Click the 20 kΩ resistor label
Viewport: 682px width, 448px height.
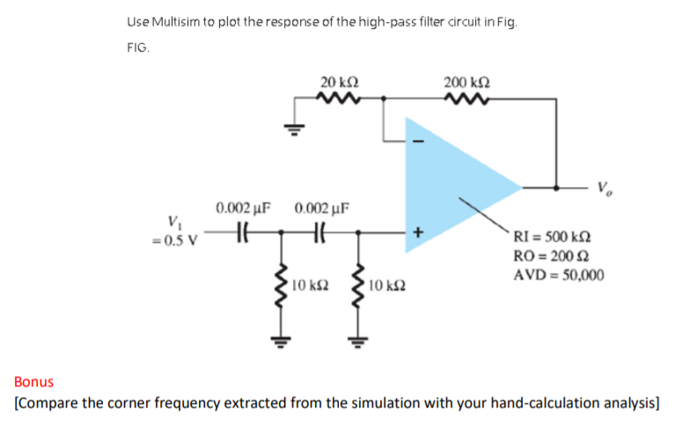tap(339, 82)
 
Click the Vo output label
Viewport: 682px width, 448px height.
tap(603, 186)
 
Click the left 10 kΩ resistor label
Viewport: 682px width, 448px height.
tap(309, 285)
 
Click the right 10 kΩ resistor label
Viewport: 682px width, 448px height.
tap(387, 285)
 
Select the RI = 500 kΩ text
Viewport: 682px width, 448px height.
tap(552, 236)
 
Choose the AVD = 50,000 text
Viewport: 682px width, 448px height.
tap(558, 275)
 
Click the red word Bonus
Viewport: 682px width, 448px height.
tap(33, 382)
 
